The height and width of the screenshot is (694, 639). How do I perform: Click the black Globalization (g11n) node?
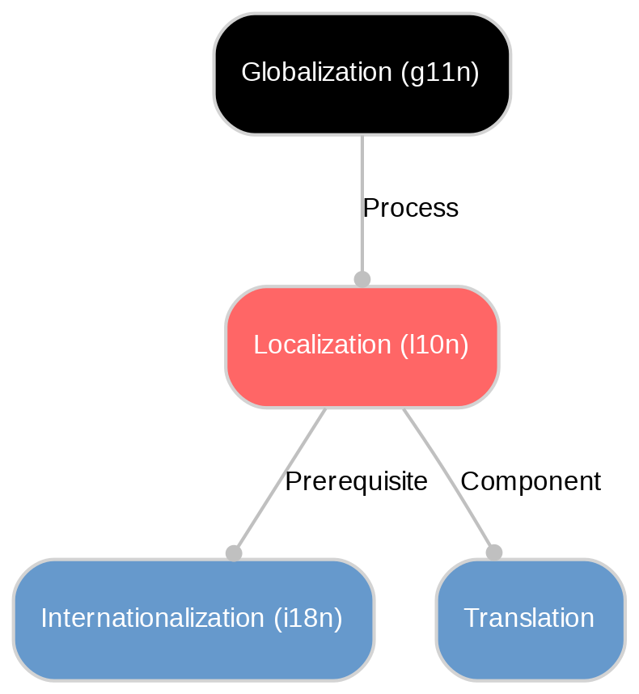[x=362, y=74]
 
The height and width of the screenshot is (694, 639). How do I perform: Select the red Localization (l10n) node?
[x=362, y=346]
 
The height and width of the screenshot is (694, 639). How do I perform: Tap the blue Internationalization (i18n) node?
[x=193, y=619]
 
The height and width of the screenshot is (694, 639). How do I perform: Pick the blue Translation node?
[x=530, y=619]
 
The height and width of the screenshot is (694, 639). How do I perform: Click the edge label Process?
[x=410, y=209]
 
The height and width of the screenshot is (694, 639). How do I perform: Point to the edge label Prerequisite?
[x=356, y=482]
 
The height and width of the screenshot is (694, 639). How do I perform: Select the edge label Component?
[x=530, y=482]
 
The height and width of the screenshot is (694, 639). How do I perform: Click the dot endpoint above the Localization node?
[x=362, y=279]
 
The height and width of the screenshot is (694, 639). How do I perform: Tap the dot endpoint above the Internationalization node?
[x=234, y=552]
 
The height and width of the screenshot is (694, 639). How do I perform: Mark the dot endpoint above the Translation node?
[x=493, y=552]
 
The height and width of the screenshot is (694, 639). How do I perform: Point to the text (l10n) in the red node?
[x=434, y=345]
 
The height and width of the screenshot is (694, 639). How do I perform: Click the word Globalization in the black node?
[x=317, y=73]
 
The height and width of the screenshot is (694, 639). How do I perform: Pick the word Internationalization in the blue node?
[x=151, y=619]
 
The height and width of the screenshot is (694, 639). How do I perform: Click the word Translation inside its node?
[x=530, y=619]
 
